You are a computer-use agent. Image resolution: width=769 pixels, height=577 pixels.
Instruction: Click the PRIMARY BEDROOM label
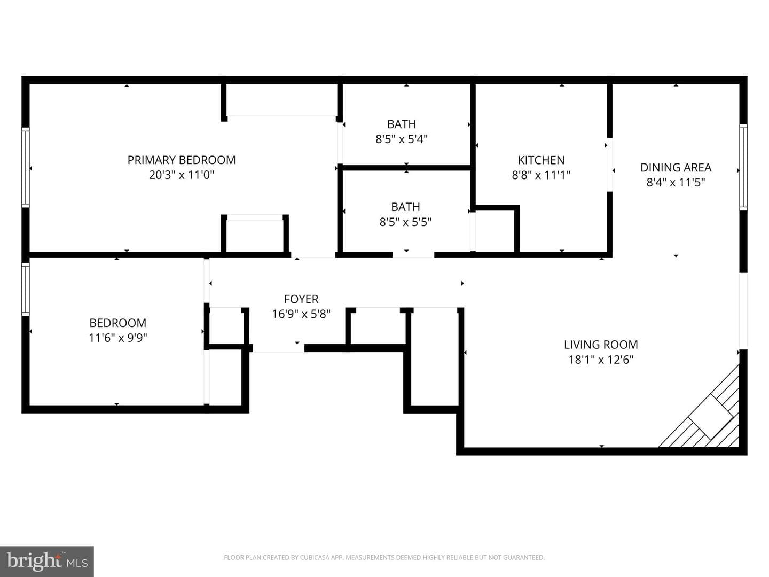(x=182, y=160)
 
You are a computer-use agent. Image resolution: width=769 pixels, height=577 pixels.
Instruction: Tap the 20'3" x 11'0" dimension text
(x=182, y=175)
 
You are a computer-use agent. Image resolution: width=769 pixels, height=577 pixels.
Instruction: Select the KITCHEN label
(x=542, y=160)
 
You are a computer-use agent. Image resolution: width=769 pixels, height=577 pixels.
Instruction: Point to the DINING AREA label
(x=676, y=167)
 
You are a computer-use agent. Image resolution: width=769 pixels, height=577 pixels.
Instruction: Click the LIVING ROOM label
(x=601, y=345)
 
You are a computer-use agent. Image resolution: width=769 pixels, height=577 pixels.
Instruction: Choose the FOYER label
(x=301, y=299)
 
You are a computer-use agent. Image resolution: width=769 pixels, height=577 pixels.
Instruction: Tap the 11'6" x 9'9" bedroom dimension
(x=117, y=338)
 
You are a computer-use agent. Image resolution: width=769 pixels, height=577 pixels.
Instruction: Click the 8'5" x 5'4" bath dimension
(x=402, y=139)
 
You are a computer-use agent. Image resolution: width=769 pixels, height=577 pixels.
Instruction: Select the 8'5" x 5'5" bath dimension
(x=405, y=222)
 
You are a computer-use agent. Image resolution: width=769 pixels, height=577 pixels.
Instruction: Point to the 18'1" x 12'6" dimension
(x=601, y=360)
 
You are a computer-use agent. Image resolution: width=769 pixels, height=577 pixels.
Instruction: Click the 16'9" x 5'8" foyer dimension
(x=301, y=314)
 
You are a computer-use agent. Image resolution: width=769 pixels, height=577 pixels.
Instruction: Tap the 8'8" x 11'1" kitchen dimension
(x=542, y=175)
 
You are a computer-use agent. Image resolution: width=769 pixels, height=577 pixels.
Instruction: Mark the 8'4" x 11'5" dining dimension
(x=676, y=183)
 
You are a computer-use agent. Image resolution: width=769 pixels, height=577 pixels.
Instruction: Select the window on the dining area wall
(x=743, y=167)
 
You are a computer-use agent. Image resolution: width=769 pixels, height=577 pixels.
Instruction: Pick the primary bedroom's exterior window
(x=26, y=167)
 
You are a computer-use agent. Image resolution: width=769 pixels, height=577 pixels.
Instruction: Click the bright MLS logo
(x=47, y=562)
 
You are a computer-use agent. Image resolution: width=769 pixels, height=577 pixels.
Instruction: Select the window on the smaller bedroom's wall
(x=26, y=290)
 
